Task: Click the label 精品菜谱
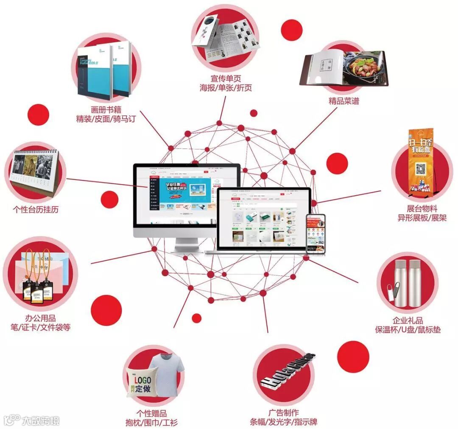pos(343,101)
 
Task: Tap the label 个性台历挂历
pos(36,210)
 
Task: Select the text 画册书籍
pos(106,109)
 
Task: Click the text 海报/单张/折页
pos(226,88)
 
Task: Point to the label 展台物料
pos(422,209)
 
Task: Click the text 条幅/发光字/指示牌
pos(284,422)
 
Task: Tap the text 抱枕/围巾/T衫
pos(151,422)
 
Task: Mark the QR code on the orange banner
pos(420,169)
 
